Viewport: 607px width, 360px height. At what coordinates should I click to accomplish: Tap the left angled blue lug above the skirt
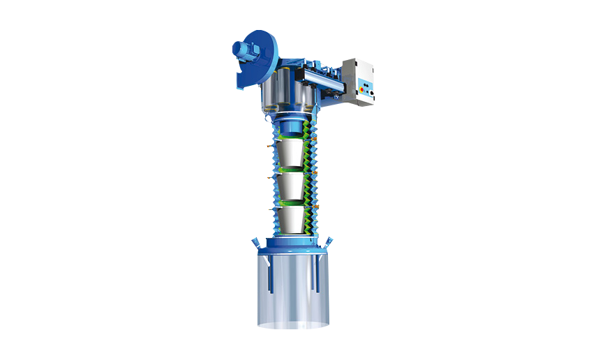click(255, 243)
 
